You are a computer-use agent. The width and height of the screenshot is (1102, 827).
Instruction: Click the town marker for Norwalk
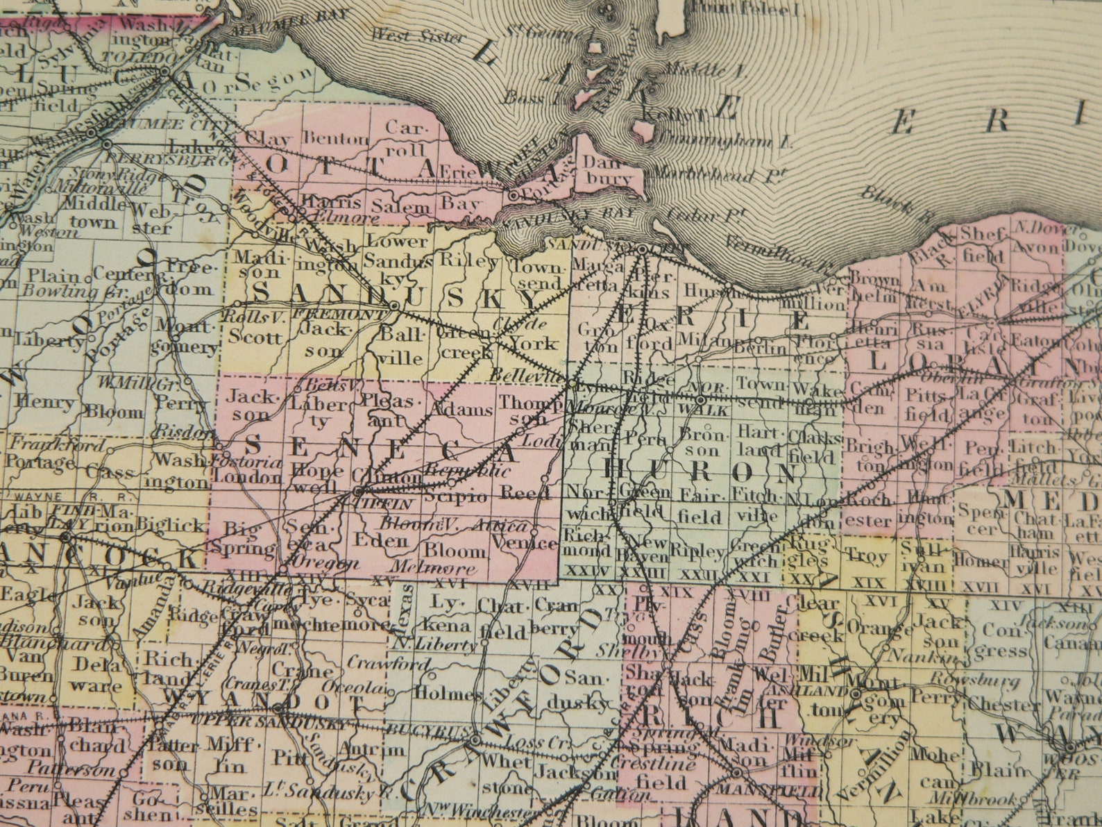[701, 400]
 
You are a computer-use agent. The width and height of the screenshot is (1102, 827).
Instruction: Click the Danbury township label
[609, 170]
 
